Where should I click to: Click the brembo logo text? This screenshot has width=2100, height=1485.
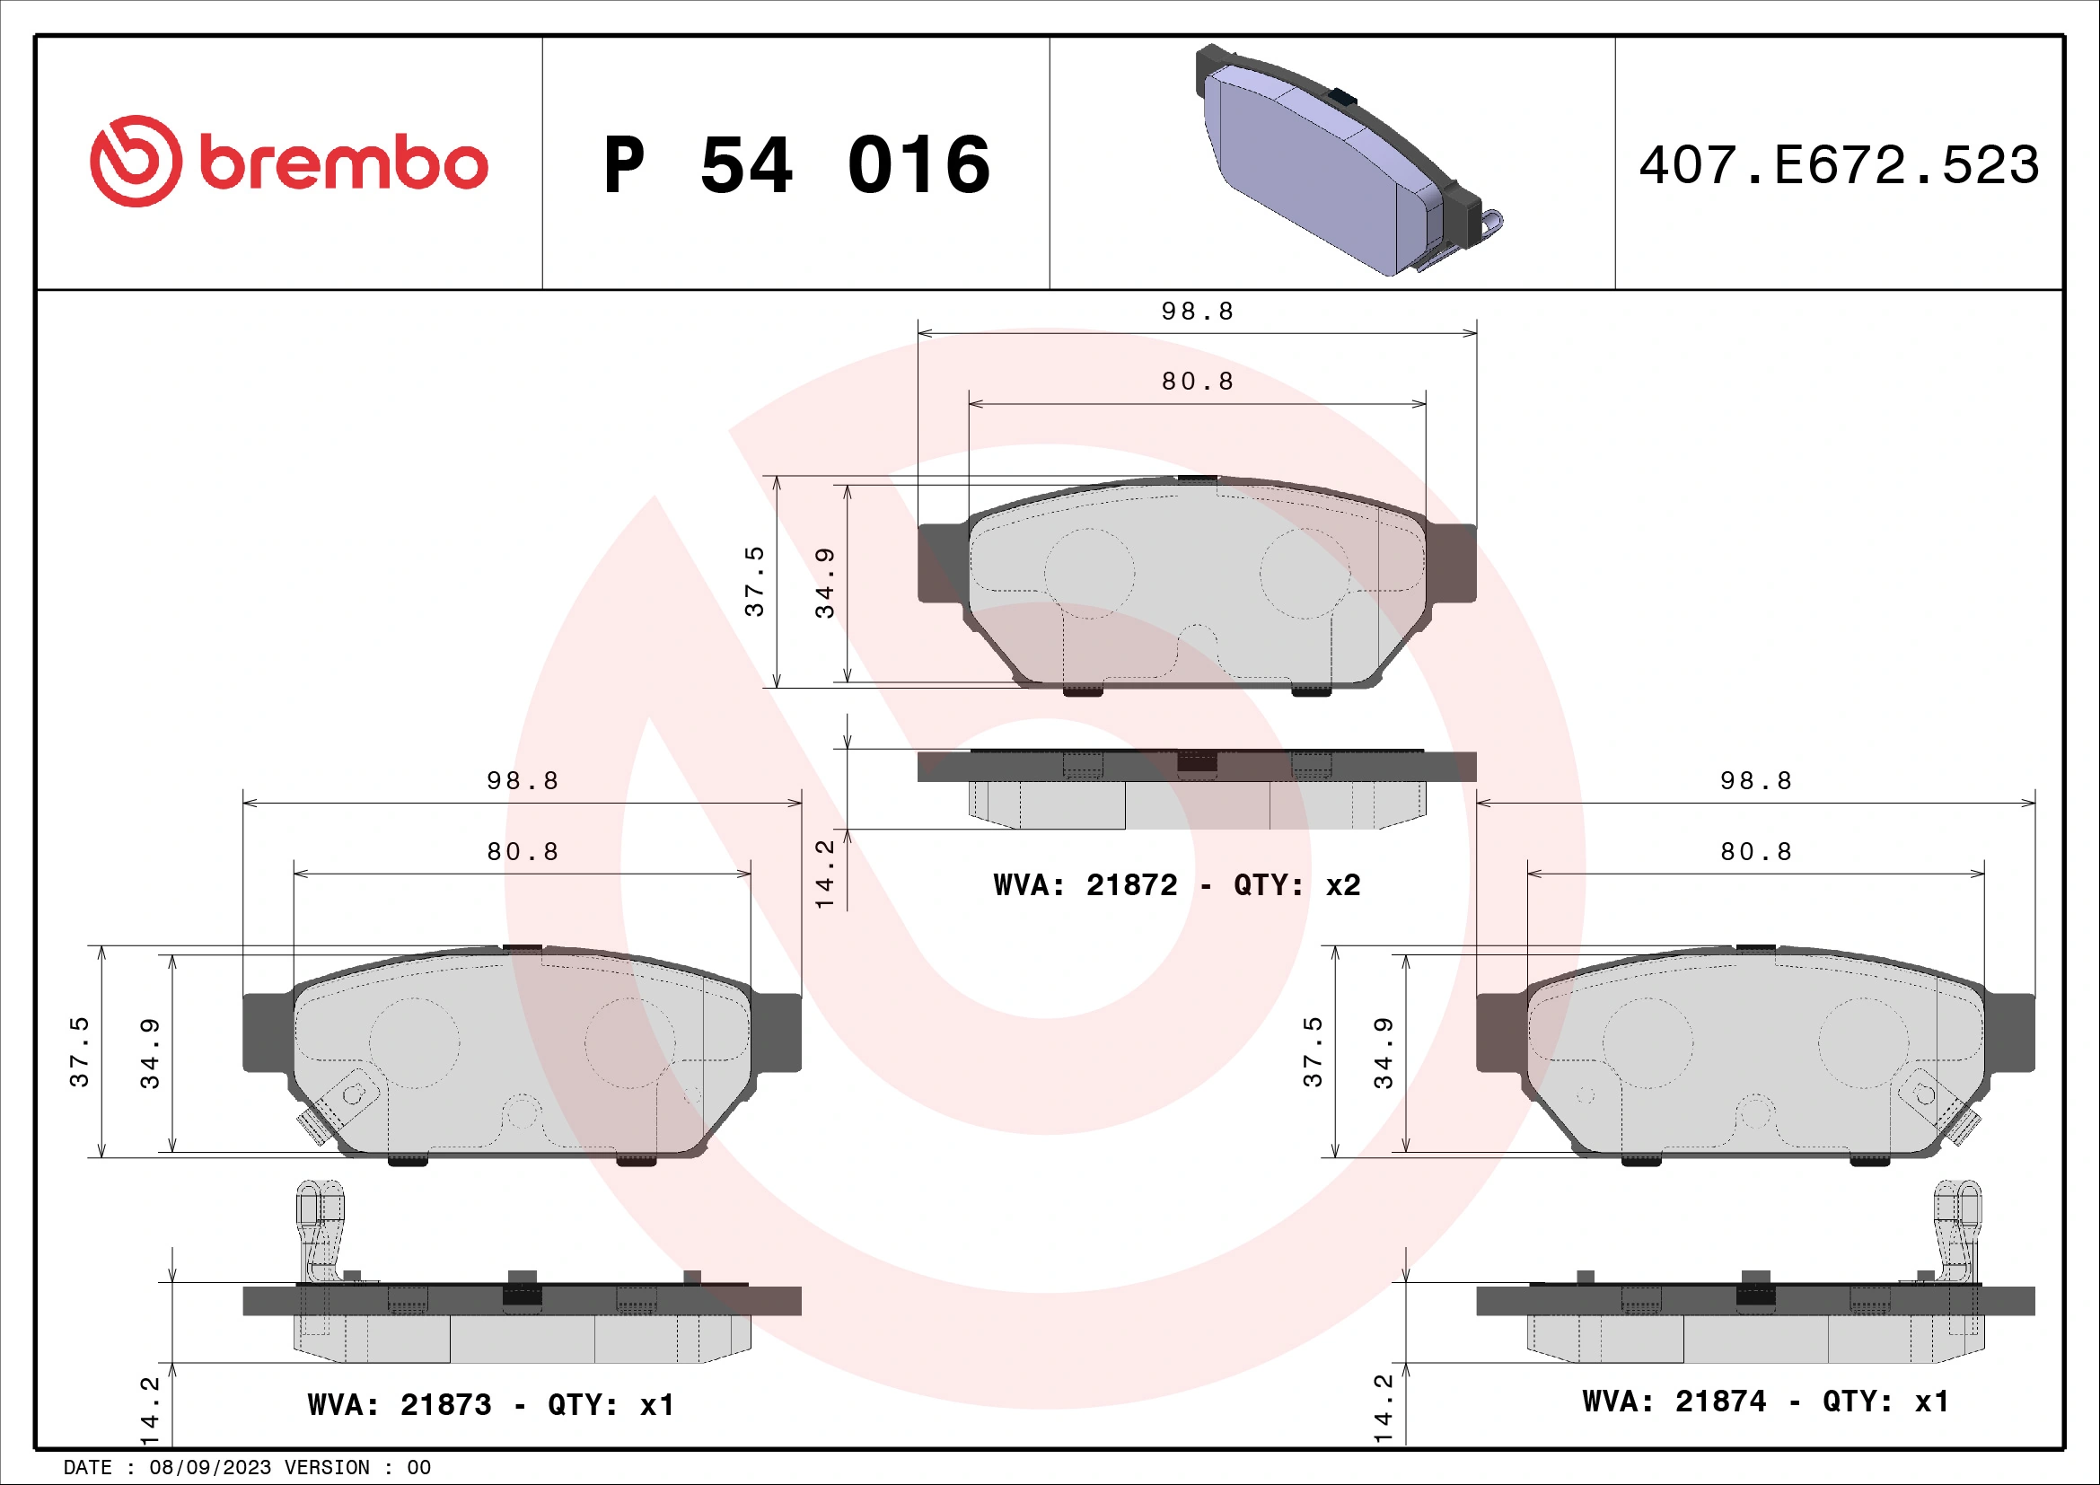[343, 163]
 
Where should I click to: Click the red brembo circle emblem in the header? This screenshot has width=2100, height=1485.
[136, 161]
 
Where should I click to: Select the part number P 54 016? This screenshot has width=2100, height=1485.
[795, 165]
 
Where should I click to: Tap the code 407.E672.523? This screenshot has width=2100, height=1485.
[1839, 165]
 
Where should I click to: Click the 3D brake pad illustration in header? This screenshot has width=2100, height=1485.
[1345, 160]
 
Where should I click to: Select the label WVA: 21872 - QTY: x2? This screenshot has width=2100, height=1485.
[1176, 885]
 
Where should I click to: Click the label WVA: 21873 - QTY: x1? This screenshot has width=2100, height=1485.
[491, 1404]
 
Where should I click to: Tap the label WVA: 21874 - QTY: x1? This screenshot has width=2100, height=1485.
[1765, 1401]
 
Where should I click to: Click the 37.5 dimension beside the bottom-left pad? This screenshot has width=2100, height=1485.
[81, 1051]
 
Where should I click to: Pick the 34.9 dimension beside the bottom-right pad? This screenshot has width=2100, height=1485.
[1383, 1053]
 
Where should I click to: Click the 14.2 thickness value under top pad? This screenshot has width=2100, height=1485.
[825, 874]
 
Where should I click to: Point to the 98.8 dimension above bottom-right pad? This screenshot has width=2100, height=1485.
[1755, 781]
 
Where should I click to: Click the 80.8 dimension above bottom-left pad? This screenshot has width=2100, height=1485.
[523, 851]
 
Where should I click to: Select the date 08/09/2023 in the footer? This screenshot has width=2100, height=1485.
[210, 1468]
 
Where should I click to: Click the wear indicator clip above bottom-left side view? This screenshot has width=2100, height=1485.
[320, 1230]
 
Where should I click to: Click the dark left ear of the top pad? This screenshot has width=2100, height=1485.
[942, 562]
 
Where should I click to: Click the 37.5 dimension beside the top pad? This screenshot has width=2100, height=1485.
[754, 582]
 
